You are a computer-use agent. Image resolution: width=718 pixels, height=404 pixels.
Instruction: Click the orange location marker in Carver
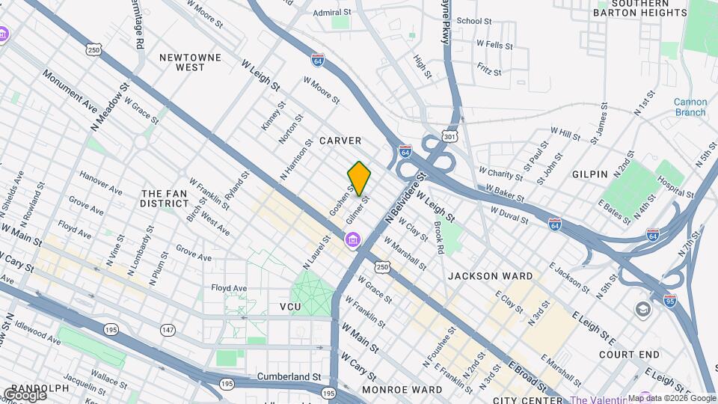(x=359, y=178)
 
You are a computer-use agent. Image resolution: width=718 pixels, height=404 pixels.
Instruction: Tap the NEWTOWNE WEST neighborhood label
(x=179, y=61)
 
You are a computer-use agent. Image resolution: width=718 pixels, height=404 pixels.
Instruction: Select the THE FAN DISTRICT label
(x=165, y=198)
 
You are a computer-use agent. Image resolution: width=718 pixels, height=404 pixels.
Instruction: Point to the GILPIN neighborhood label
(x=589, y=174)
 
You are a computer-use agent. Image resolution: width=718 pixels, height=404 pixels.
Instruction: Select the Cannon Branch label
(x=689, y=107)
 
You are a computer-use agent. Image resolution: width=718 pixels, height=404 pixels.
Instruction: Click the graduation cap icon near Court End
(x=642, y=309)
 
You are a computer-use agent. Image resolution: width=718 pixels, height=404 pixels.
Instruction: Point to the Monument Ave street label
(x=70, y=91)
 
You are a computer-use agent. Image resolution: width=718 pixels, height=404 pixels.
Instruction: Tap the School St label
(x=473, y=21)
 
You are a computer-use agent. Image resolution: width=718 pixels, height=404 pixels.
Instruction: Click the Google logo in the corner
(x=24, y=394)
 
